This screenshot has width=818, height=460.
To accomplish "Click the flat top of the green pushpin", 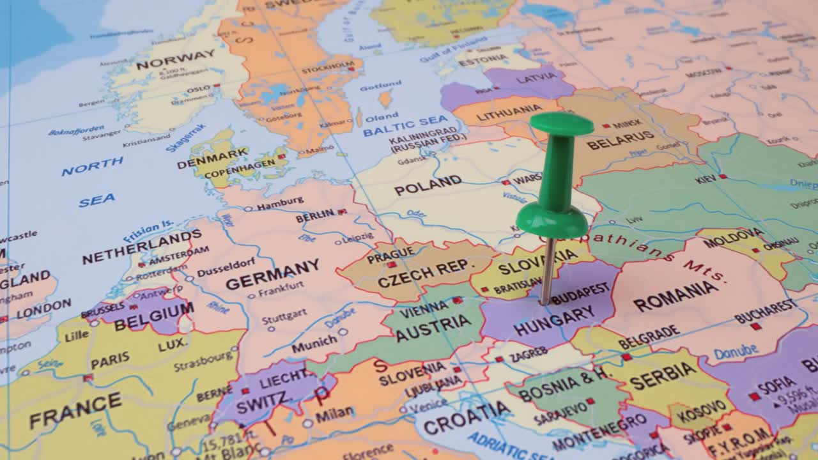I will [561, 123].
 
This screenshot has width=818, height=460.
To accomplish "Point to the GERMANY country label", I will [272, 275].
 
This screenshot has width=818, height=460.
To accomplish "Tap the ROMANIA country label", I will [675, 295].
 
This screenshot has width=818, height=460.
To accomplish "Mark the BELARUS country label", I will [621, 140].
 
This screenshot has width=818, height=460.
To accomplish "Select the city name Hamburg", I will [280, 203].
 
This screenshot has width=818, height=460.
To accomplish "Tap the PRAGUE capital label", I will [390, 254].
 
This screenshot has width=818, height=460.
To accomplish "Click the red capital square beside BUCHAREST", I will [756, 326].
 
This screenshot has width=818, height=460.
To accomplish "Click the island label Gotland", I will [380, 85].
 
